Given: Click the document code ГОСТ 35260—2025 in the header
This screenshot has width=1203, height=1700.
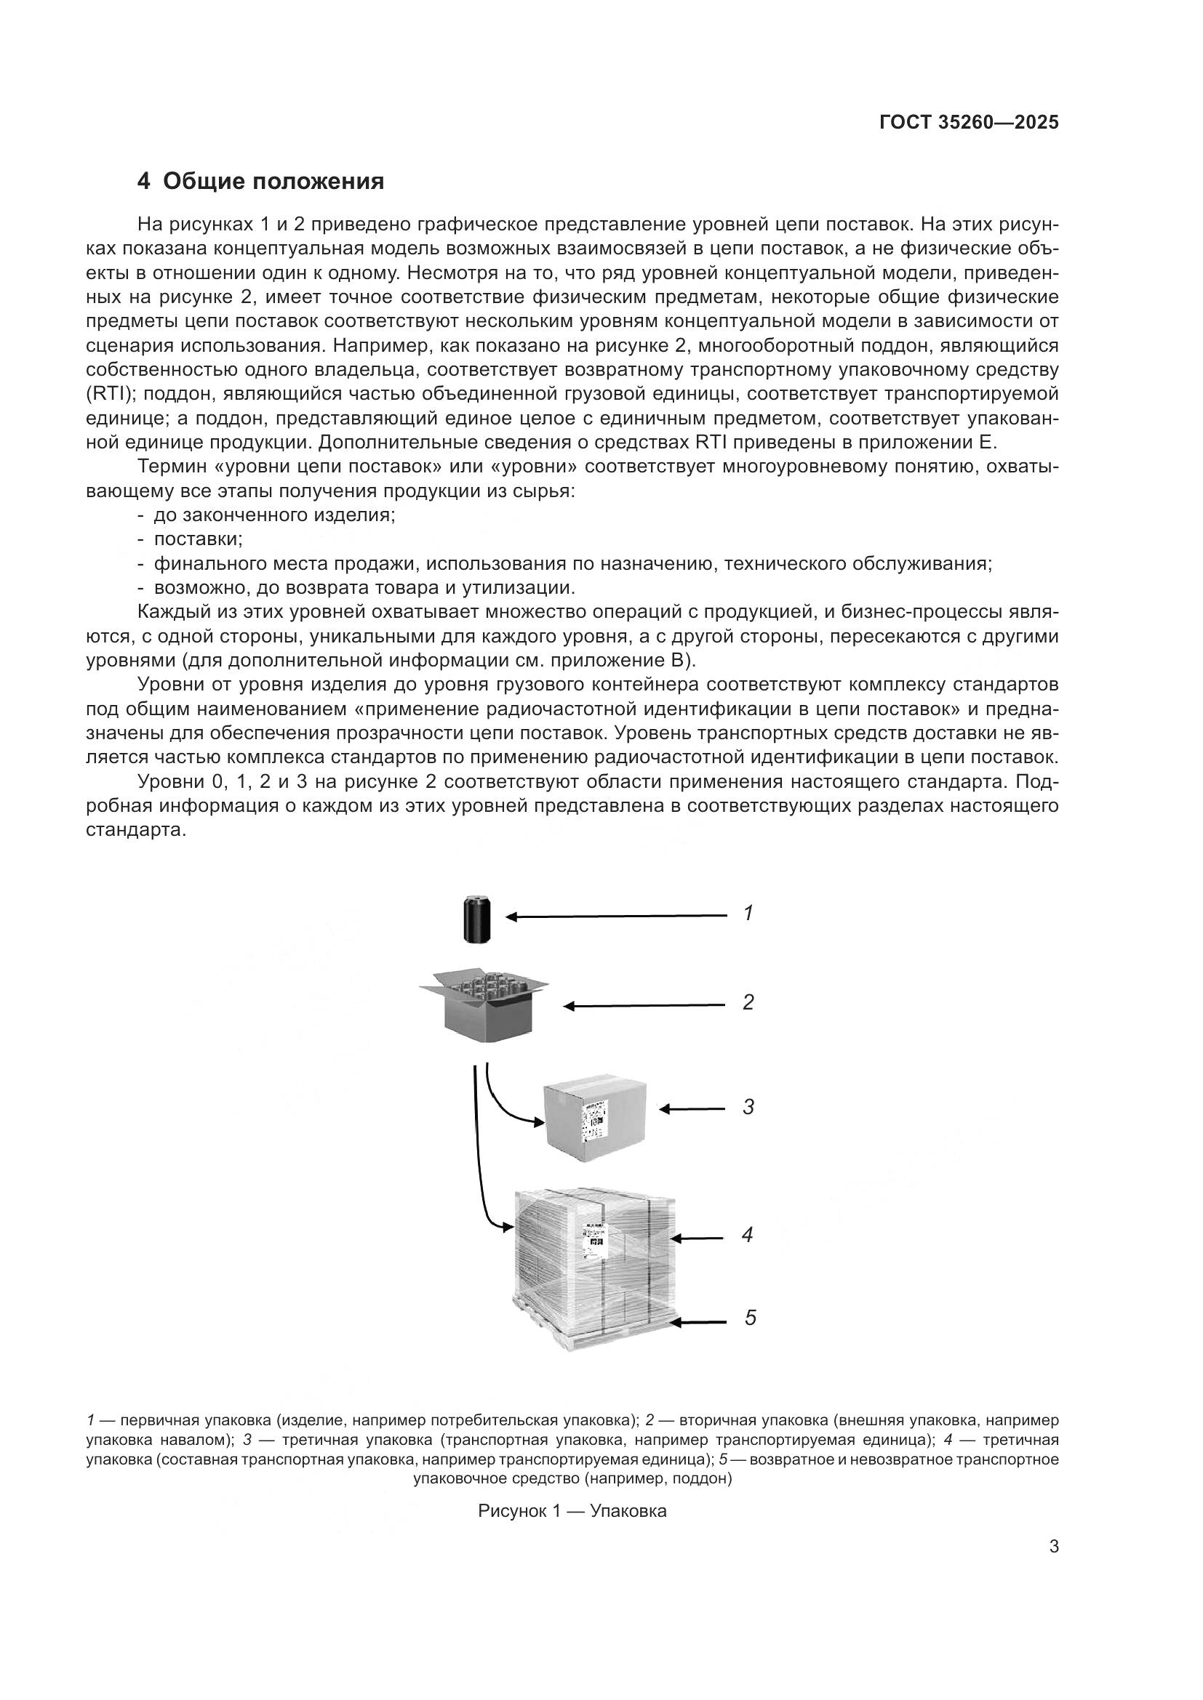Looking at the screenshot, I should [968, 123].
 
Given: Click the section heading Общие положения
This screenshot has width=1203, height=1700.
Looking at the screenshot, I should [273, 182].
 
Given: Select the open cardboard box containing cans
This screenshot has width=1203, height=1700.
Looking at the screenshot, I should [486, 1005].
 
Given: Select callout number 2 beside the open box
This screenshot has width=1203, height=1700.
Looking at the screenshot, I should [748, 1002].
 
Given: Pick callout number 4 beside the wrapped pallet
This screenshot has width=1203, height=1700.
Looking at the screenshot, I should [748, 1235].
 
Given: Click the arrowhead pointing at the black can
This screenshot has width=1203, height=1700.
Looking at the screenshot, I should [511, 917].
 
